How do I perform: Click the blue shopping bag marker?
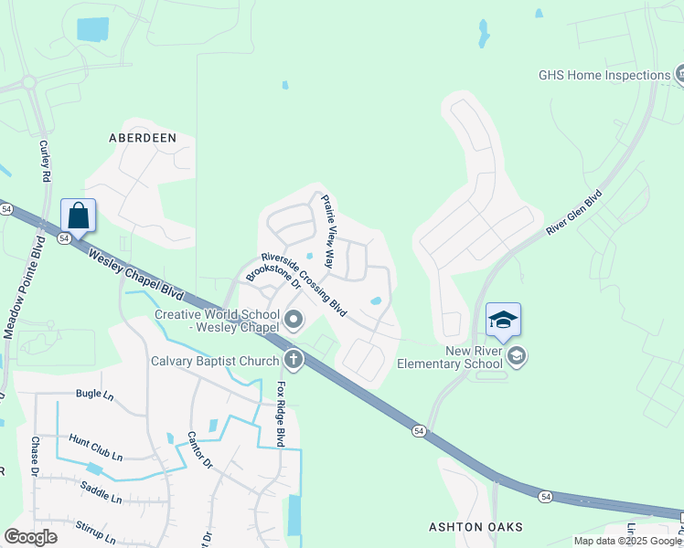[79, 216]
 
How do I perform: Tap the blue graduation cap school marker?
[503, 320]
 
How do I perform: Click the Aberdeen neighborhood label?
[142, 138]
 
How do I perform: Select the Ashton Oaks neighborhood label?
[476, 527]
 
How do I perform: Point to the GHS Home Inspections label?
[604, 76]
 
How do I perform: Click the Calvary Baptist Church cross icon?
[294, 361]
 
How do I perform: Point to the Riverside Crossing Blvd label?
[305, 285]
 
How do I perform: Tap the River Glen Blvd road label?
[575, 213]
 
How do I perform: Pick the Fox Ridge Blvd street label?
[283, 413]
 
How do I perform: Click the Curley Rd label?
[44, 159]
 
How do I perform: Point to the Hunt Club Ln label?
[96, 452]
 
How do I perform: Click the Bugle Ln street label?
[94, 394]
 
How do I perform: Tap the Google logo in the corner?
[30, 537]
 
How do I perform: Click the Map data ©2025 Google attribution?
[627, 541]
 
